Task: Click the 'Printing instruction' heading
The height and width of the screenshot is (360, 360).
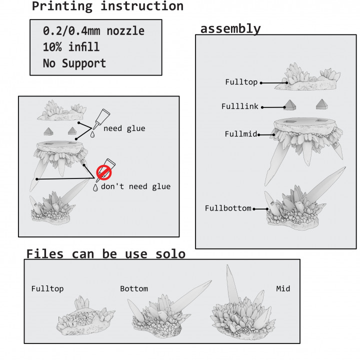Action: click(x=107, y=6)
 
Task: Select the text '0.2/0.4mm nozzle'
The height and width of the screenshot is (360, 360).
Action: click(x=93, y=31)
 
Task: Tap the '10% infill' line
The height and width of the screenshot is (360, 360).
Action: click(x=71, y=47)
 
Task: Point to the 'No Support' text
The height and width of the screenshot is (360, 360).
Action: click(x=74, y=63)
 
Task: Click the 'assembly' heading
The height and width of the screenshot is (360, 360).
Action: click(x=230, y=28)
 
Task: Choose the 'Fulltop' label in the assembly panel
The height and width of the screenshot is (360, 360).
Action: click(x=241, y=82)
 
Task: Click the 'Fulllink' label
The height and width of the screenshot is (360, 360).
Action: click(x=240, y=106)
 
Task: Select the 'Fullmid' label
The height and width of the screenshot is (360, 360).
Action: click(x=240, y=134)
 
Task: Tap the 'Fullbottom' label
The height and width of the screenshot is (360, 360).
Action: click(x=228, y=208)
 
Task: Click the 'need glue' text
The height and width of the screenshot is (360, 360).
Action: click(x=124, y=128)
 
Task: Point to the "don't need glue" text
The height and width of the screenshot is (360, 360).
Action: click(x=135, y=186)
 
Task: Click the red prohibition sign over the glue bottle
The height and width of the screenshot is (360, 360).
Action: click(x=103, y=173)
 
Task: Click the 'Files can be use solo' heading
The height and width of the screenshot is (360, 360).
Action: click(x=105, y=254)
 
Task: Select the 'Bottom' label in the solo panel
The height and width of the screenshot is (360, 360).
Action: click(x=134, y=288)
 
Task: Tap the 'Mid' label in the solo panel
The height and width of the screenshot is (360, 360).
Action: click(x=283, y=288)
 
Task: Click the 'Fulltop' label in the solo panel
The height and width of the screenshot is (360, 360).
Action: click(x=47, y=288)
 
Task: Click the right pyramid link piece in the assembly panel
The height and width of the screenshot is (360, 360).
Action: click(x=322, y=104)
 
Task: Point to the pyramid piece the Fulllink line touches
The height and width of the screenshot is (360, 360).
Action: click(x=289, y=104)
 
